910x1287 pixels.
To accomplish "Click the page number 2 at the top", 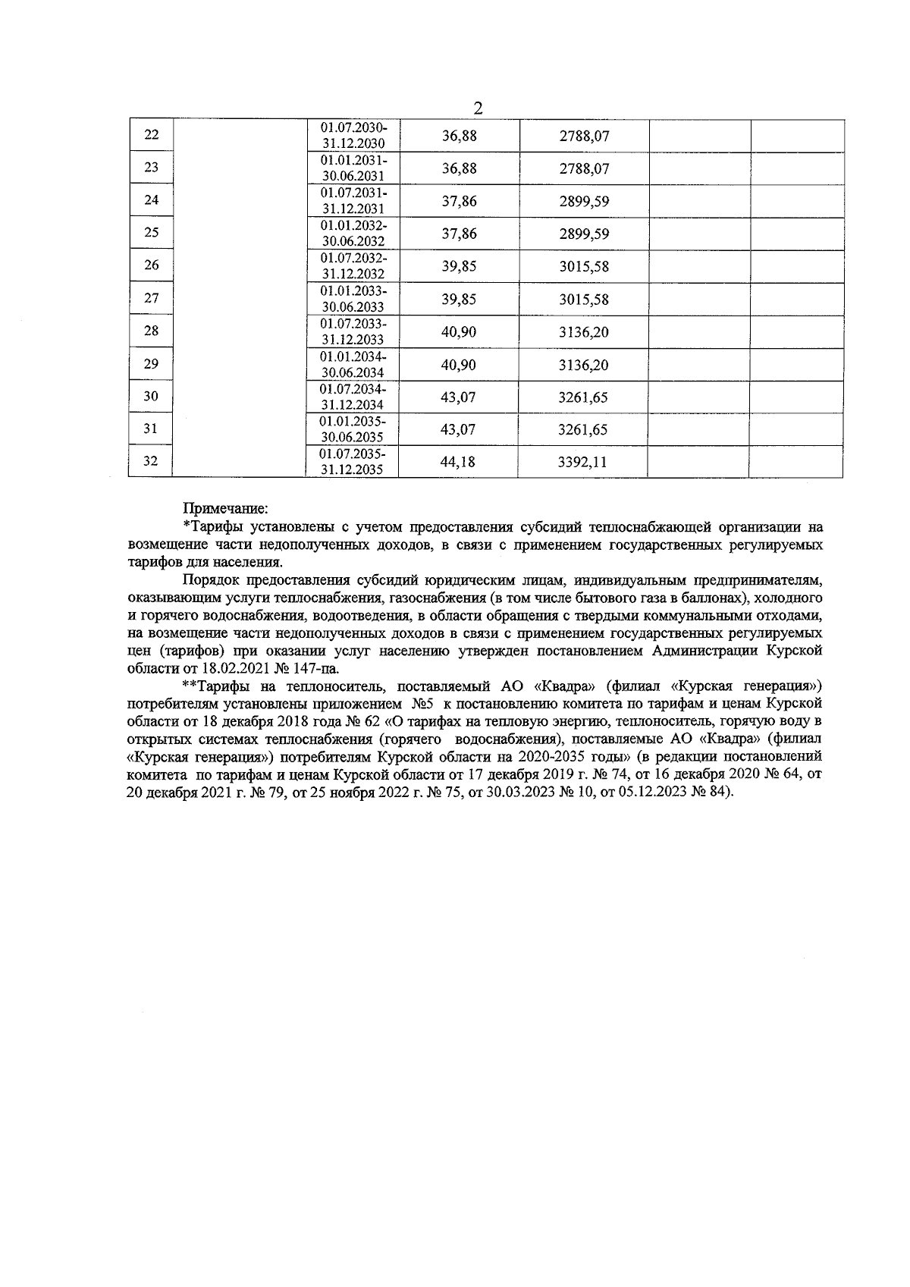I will tap(478, 108).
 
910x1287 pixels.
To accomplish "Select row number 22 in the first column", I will tap(151, 135).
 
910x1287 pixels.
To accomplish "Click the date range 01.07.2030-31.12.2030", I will tap(353, 136).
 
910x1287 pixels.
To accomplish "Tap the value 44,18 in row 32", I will tap(458, 462).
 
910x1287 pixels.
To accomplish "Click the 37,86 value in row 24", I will tap(459, 201).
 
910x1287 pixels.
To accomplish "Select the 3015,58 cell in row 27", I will tap(584, 300).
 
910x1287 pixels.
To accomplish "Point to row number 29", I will tap(151, 364).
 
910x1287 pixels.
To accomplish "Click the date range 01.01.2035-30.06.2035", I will tap(353, 429).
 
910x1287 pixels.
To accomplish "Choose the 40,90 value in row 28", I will tap(459, 332).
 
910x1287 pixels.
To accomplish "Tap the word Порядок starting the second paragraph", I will tap(210, 580).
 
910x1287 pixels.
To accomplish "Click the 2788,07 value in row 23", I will tap(584, 168).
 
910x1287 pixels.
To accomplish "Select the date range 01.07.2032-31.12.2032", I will tap(353, 266).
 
